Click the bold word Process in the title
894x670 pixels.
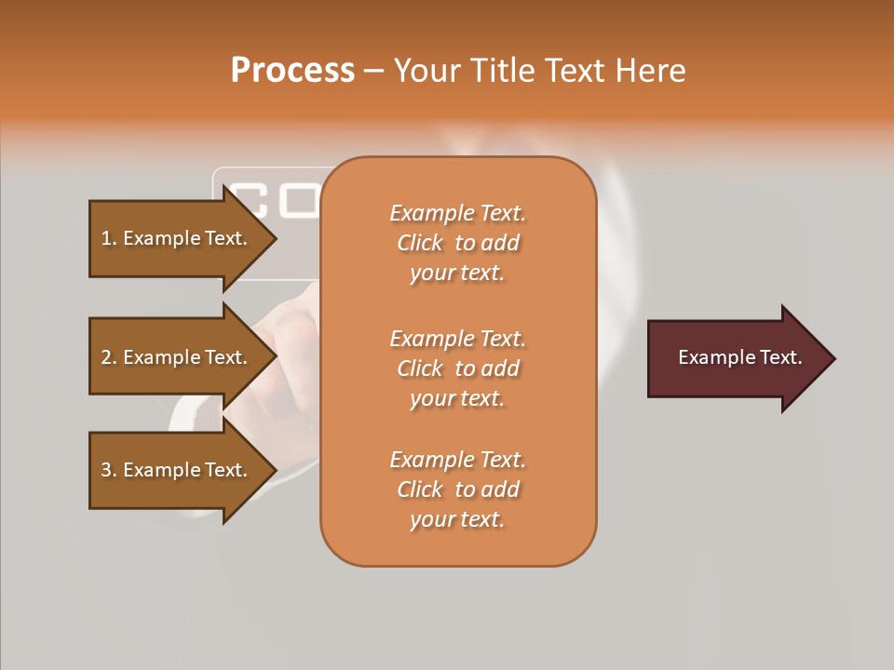tap(292, 71)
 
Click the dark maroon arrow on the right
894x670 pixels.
tap(736, 358)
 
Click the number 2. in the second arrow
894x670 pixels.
tap(109, 357)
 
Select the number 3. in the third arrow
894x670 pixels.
tap(109, 470)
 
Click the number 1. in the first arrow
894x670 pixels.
tap(108, 238)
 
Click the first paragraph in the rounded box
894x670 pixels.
tap(457, 243)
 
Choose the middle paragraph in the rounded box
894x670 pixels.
tap(457, 368)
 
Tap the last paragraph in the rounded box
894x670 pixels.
tap(457, 489)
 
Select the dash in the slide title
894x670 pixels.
tap(373, 72)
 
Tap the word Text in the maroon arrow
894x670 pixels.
tap(781, 357)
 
